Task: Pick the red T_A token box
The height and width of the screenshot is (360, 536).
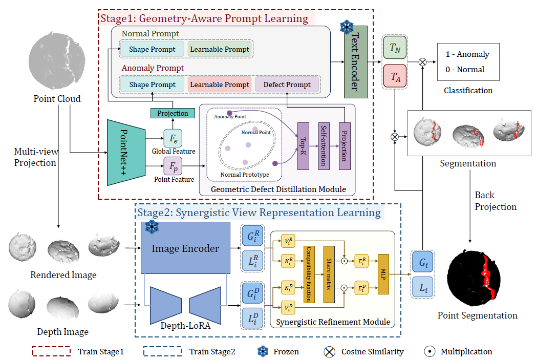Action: pos(395,77)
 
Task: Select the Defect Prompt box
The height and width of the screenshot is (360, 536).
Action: pos(287,84)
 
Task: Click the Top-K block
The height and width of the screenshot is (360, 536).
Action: pos(304,146)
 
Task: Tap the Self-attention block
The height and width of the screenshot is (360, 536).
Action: pos(324,146)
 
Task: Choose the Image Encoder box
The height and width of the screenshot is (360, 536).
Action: pos(185,248)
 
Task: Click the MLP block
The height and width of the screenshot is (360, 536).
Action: pos(383,274)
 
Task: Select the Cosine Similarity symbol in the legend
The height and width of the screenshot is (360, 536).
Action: pos(329,352)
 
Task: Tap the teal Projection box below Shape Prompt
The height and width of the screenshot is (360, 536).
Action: pos(173,113)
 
